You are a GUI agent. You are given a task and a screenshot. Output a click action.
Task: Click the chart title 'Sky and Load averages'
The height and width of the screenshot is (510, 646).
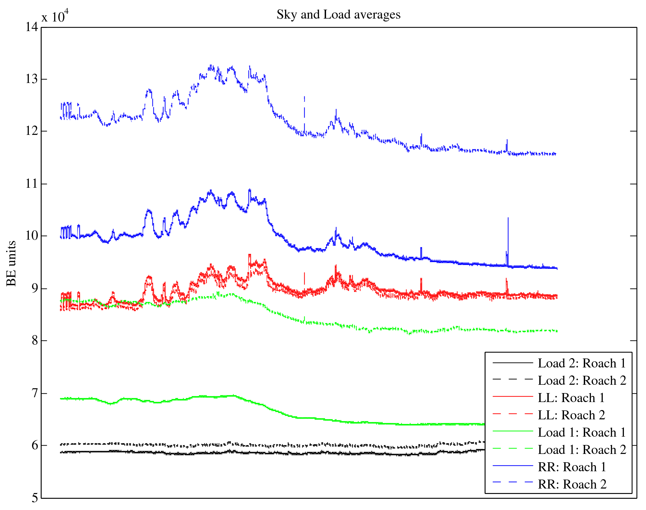339,15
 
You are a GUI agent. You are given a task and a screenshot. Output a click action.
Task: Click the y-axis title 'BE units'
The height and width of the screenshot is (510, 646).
12,263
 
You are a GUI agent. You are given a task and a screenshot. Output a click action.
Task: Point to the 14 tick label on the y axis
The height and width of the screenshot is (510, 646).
31,27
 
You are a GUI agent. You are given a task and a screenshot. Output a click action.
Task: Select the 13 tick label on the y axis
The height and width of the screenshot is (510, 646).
31,79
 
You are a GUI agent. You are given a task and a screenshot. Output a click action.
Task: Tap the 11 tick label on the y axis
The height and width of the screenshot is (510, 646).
31,184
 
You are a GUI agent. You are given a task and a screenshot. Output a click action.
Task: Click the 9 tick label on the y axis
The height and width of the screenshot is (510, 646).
35,288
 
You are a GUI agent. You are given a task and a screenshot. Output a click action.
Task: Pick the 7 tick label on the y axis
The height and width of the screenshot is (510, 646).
35,393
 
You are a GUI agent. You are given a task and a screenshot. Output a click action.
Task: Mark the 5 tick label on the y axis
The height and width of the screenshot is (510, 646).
35,498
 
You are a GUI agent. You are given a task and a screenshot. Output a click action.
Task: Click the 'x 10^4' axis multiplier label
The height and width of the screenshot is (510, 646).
55,16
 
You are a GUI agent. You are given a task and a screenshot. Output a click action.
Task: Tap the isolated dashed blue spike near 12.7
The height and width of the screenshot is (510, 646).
304,98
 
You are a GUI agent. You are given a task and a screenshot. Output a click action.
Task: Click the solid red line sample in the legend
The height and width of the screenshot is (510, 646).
512,397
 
